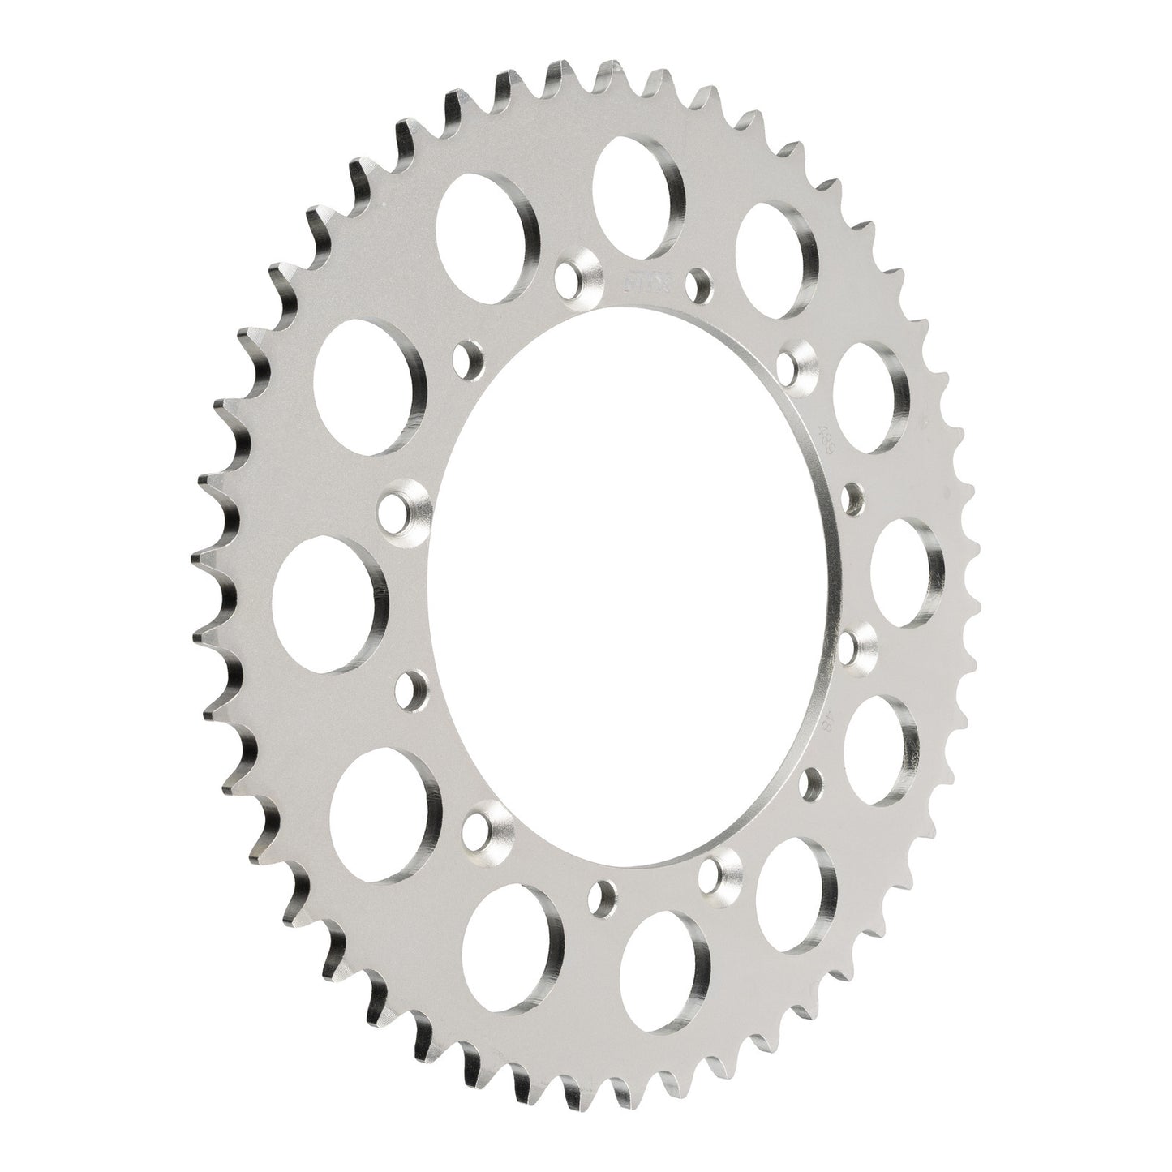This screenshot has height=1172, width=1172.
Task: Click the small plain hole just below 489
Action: (852, 498)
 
